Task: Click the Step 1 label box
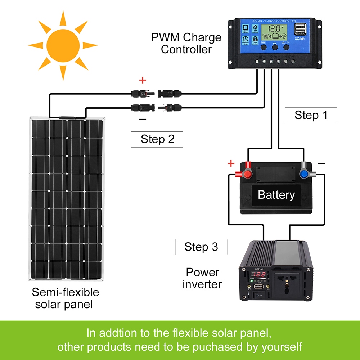311,116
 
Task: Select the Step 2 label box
157,139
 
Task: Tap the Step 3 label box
202,247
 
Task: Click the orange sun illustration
63,45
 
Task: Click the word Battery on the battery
276,195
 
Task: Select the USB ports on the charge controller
300,29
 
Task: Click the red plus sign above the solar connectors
143,80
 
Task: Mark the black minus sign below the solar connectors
143,119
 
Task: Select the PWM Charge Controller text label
186,43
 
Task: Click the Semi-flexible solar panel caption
66,298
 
